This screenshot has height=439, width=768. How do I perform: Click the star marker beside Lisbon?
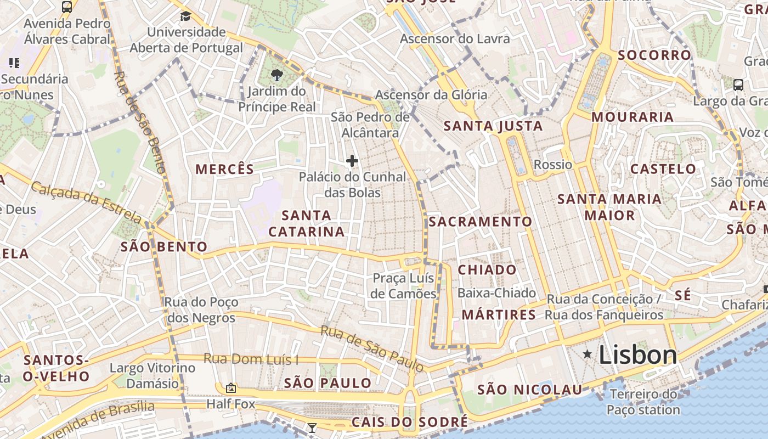[x=588, y=354]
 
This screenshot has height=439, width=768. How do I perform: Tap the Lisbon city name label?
[x=638, y=355]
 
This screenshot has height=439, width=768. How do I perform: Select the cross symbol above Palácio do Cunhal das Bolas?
[x=352, y=161]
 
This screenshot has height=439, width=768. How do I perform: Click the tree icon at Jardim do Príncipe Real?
[x=277, y=75]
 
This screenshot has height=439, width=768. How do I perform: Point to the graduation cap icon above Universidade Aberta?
[x=185, y=16]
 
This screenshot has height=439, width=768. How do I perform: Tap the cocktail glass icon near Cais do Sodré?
[x=312, y=427]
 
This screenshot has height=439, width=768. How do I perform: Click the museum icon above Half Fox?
[x=231, y=388]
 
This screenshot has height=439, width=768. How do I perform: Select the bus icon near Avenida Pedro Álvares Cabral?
[x=67, y=7]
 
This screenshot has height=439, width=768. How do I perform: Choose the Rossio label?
[x=552, y=165]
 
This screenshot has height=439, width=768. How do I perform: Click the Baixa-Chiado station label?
[x=496, y=293]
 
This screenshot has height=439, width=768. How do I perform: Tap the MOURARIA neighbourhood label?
[x=633, y=117]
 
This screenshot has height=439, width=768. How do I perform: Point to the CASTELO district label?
[x=663, y=169]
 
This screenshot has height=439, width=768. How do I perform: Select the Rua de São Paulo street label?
[x=371, y=348]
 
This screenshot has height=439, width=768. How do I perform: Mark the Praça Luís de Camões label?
[x=403, y=286]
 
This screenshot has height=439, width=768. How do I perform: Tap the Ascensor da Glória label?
[x=431, y=95]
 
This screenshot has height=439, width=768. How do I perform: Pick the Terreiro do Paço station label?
[x=643, y=402]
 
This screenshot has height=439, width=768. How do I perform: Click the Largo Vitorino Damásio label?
[x=153, y=375]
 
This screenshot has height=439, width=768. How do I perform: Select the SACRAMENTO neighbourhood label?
[x=480, y=222]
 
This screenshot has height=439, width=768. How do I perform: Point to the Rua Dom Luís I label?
[x=251, y=359]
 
